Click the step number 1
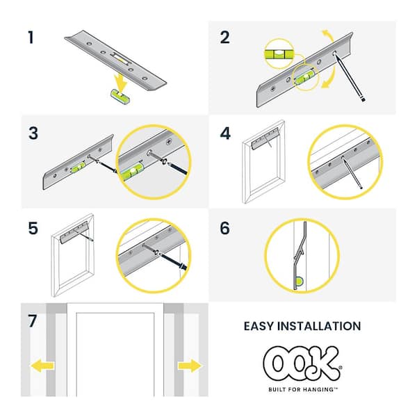[31, 37]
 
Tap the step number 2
[224, 37]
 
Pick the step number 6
[224, 229]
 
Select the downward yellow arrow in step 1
[121, 82]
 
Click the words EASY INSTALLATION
[302, 325]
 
